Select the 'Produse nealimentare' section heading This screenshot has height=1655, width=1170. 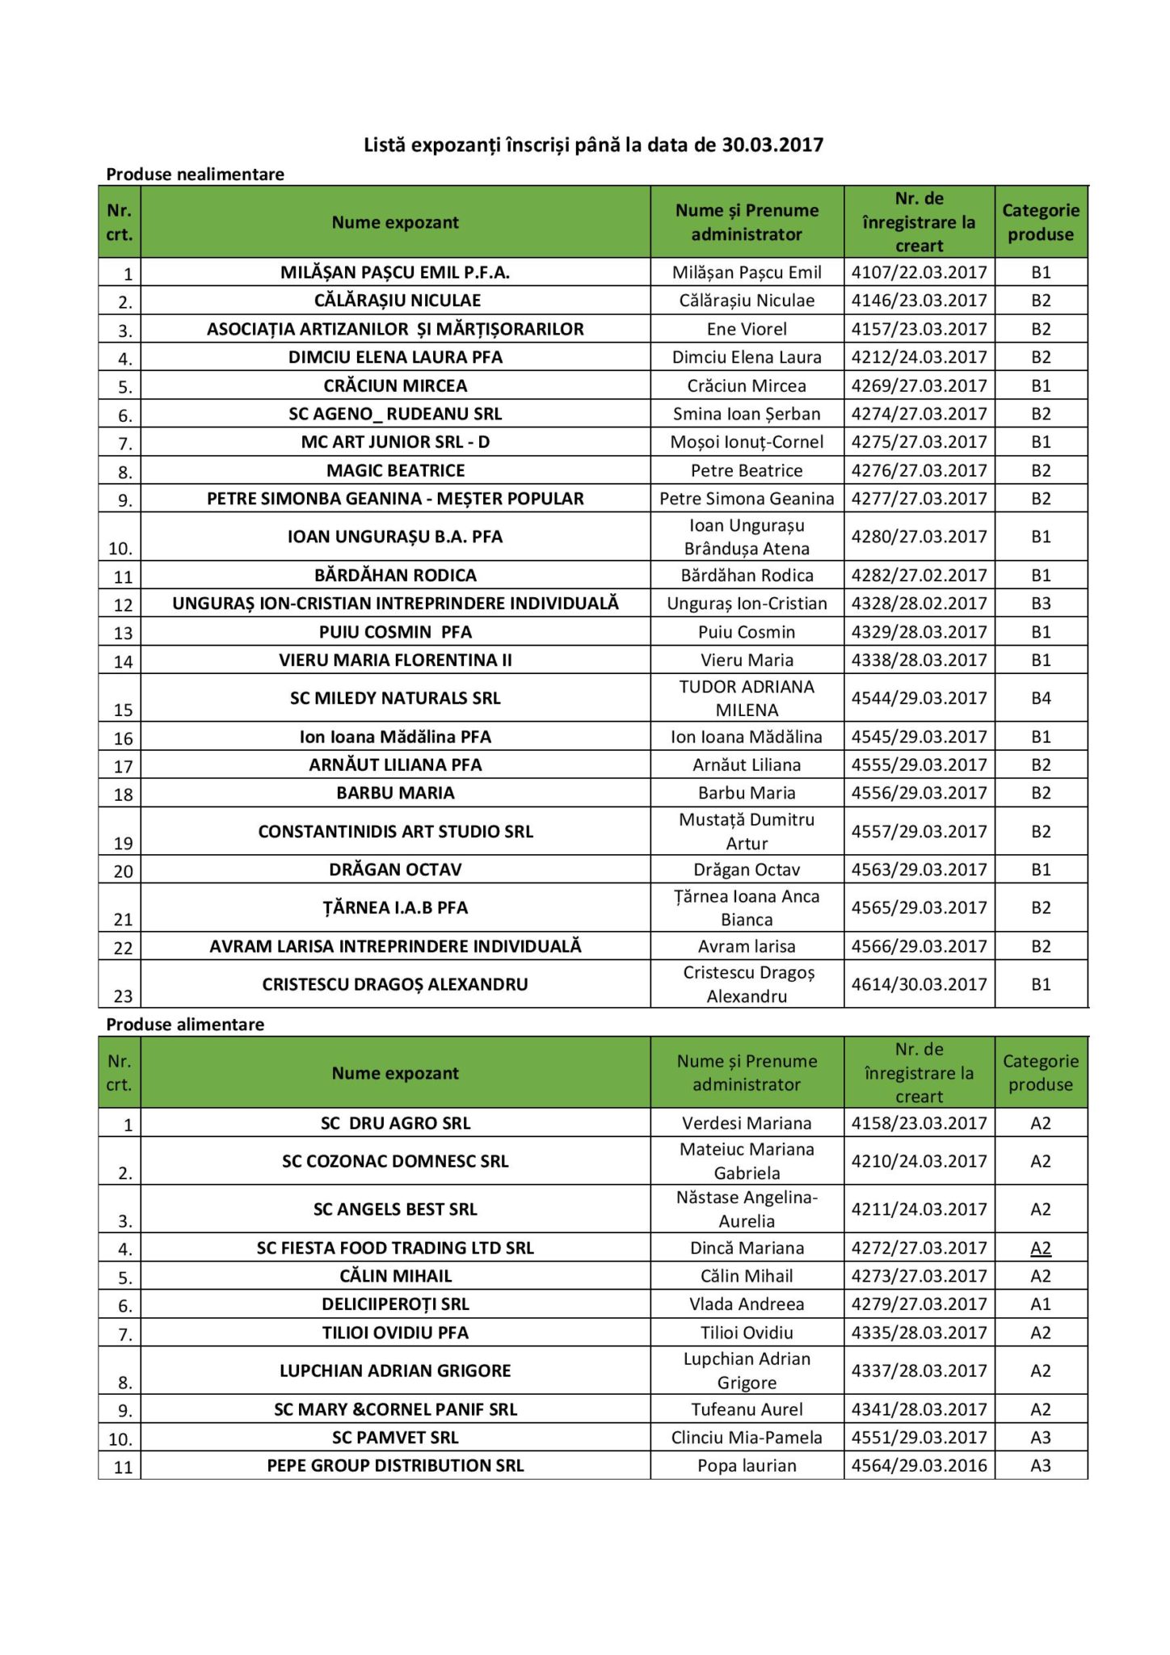pos(195,174)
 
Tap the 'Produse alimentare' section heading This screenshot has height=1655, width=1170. pos(185,1024)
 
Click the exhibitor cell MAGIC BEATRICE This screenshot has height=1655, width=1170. pos(395,470)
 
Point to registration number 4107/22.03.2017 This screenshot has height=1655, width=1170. pos(919,272)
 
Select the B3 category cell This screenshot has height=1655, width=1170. pos(1041,603)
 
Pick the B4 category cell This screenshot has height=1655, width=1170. pos(1041,697)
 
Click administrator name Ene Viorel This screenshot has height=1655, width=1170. pos(747,329)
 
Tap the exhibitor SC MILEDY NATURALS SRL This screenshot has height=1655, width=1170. pos(395,697)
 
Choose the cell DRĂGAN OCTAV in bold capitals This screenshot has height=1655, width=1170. pos(395,870)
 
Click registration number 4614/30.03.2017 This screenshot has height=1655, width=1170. pos(919,984)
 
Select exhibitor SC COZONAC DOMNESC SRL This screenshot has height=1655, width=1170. pos(395,1161)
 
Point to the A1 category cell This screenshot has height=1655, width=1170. pos(1041,1303)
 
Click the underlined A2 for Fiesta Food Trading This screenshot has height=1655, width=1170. pos(1041,1248)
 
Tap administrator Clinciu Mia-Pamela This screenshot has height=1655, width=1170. pos(747,1437)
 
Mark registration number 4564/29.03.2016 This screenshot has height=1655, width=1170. pos(919,1465)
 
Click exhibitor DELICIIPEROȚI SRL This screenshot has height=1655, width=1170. pos(395,1303)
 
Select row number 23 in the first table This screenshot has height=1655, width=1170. pos(123,996)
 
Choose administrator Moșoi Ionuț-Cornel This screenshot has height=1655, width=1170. pos(747,442)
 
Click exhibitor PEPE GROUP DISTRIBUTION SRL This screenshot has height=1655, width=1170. pos(395,1465)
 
